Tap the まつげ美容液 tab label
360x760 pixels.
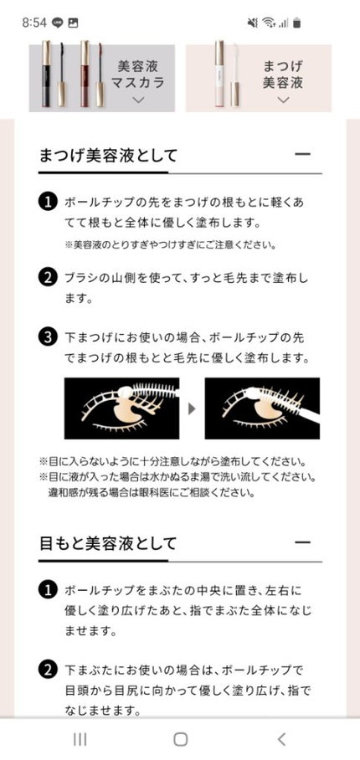click(x=282, y=74)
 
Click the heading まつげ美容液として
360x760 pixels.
click(x=108, y=155)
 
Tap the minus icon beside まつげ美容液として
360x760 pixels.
click(x=302, y=155)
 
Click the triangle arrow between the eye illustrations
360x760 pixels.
click(x=192, y=408)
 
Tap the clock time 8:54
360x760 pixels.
click(x=34, y=23)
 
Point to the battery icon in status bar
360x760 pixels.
click(x=297, y=23)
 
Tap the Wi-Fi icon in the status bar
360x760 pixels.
click(x=269, y=23)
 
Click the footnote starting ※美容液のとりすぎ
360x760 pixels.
click(x=170, y=245)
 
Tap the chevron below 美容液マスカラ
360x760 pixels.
click(x=139, y=100)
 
